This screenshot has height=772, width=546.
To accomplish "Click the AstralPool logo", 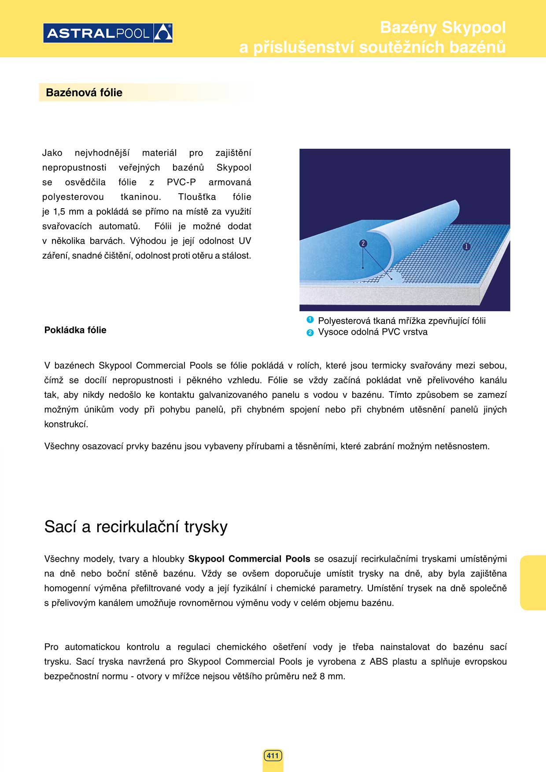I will coord(108,33).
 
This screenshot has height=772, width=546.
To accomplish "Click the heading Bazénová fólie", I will coord(84,92).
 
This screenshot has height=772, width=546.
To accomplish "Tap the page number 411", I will coord(273,756).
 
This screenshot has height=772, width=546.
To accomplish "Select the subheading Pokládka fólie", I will coord(75,330).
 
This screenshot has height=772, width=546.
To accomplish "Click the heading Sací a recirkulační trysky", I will coord(136,527).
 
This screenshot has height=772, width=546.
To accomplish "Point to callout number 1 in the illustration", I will coord(466,246).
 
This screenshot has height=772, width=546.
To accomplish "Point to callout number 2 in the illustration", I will coord(363,243).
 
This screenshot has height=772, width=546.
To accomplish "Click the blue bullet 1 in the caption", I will coord(310,320).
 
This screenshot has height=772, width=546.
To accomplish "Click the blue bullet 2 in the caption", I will coord(310,332).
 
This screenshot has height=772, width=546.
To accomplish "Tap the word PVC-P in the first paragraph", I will coord(181,182).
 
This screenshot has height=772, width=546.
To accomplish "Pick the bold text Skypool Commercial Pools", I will coord(249,559).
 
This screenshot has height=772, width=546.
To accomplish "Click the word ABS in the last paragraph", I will coord(379,662).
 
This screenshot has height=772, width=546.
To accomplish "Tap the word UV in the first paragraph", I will coord(245,241).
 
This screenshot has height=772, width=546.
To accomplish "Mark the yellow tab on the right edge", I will coord(533,583).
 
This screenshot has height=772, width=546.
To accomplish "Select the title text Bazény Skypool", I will coord(443,27).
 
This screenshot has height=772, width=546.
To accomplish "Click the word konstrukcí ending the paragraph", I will coord(66,424).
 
